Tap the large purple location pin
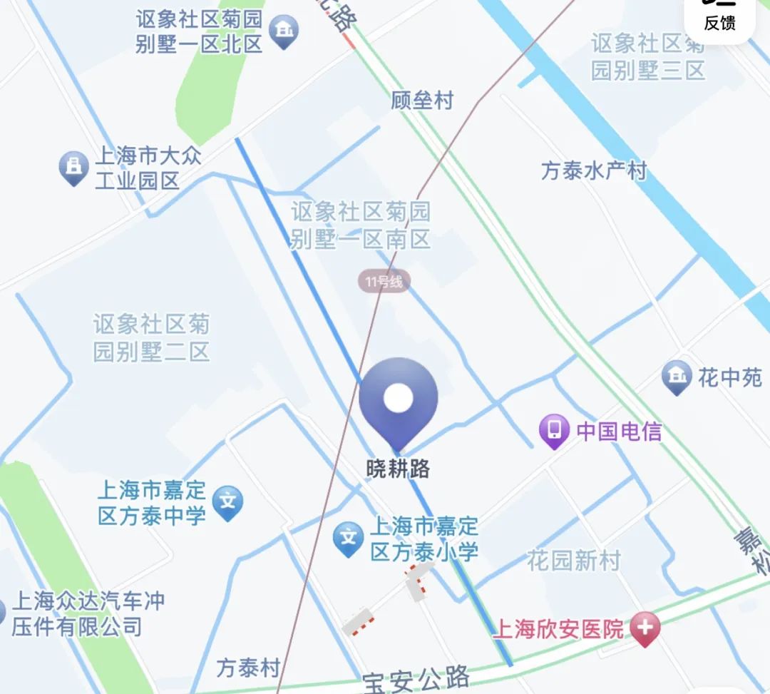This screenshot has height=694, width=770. [x=398, y=399]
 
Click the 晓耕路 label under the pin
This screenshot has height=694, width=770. [x=398, y=469]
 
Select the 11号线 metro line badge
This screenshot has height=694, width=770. [x=384, y=282]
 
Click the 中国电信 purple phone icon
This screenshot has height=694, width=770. [x=554, y=430]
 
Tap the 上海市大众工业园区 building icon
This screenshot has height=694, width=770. [x=73, y=168]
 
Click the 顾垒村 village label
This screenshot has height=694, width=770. [x=422, y=101]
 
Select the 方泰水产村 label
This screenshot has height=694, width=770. [x=593, y=170]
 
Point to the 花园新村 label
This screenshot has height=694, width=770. [x=574, y=561]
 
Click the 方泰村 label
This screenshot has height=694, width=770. [x=248, y=668]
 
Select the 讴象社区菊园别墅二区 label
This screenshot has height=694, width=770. [x=151, y=338]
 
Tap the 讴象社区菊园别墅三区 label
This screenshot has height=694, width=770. [x=647, y=57]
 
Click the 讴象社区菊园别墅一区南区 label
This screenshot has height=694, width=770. [x=360, y=225]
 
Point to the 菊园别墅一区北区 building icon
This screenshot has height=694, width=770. [x=284, y=31]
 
